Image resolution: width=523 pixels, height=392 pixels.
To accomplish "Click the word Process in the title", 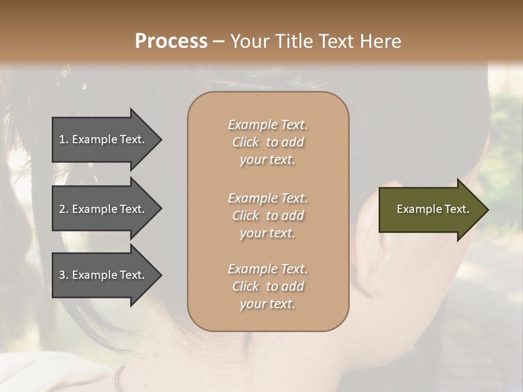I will click(x=171, y=41).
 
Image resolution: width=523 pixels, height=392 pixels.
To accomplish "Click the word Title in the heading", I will click(x=293, y=41).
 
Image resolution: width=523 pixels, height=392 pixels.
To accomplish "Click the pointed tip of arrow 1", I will click(x=160, y=139).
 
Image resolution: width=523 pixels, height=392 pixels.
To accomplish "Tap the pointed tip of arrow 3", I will click(x=160, y=275).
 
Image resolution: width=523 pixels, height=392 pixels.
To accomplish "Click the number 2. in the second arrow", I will click(x=63, y=209).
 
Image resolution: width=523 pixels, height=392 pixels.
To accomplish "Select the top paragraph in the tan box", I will click(x=267, y=142).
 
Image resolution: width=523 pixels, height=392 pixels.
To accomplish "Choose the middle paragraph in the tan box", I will click(x=267, y=216).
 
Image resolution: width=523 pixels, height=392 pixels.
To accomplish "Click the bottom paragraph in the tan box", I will click(x=267, y=286).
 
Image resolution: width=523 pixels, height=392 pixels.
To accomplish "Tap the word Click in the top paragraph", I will click(x=245, y=142).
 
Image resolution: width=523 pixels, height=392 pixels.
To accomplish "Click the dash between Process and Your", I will click(x=218, y=41).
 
